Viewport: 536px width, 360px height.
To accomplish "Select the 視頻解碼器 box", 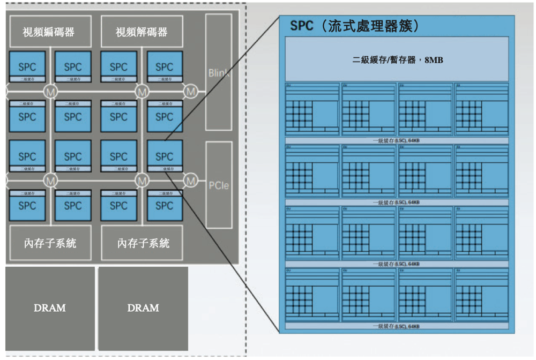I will (142, 32).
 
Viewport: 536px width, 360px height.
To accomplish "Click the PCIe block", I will (219, 185).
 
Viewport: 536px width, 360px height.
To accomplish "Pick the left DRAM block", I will (50, 308).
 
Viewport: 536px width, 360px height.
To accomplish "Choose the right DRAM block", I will (143, 308).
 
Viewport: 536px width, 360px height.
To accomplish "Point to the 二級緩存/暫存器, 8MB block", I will (396, 60).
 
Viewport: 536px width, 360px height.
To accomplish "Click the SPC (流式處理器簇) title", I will (354, 26).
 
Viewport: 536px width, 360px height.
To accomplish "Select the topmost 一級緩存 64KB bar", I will (396, 140).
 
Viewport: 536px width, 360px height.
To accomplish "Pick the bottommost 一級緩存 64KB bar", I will (396, 326).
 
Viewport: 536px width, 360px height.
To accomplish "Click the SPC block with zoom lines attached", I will (164, 156).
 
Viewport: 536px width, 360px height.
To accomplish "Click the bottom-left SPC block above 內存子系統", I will (27, 205).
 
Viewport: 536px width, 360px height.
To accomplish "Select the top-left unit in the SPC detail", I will (312, 110).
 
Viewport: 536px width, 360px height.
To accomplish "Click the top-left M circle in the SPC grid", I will (50, 91).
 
